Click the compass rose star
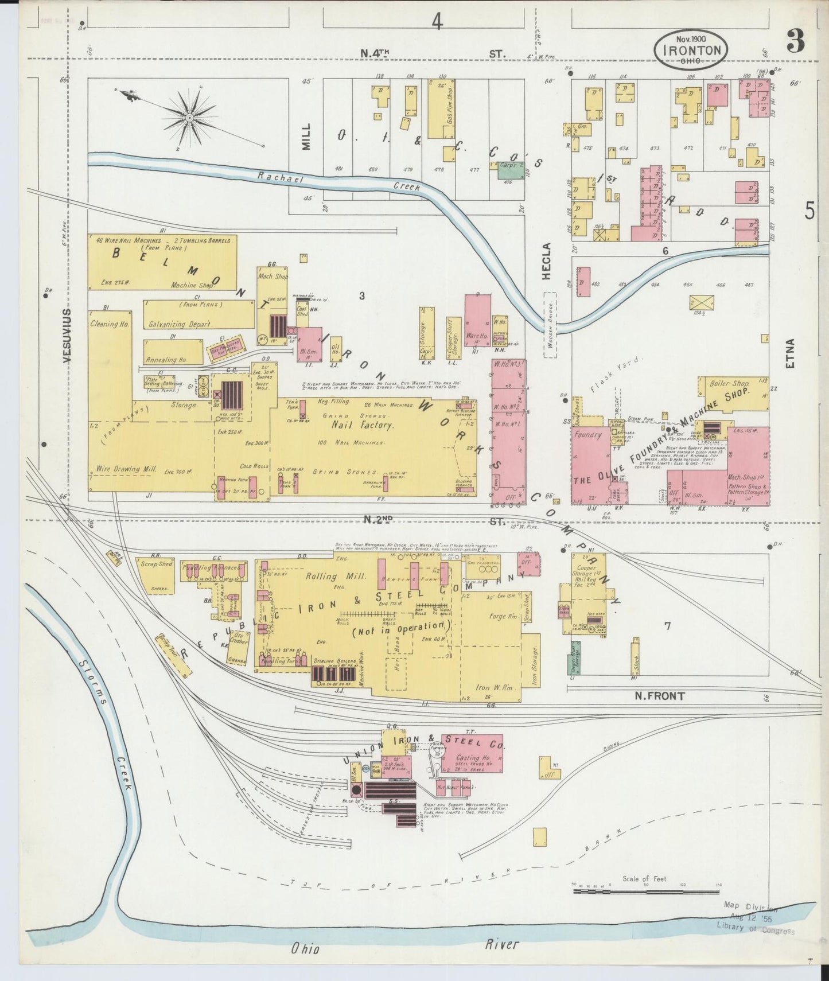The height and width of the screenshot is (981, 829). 189,118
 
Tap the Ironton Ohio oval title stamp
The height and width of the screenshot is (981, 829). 691,48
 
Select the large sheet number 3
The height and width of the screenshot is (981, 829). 795,42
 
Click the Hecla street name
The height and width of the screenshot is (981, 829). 546,261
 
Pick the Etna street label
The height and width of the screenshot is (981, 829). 791,353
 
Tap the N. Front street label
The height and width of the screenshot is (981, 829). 659,696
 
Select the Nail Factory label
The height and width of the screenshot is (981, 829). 363,425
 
